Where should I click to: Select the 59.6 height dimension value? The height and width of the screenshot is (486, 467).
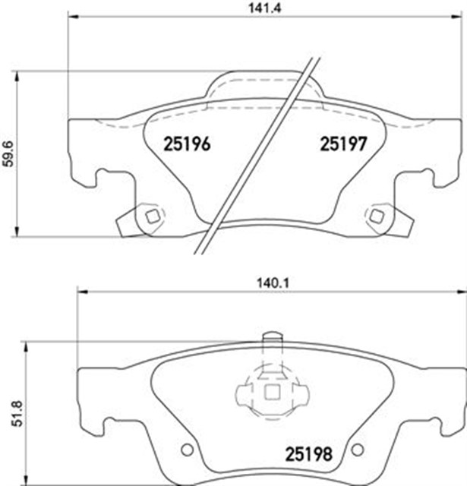(8, 153)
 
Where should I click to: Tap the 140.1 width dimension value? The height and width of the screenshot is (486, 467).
(270, 282)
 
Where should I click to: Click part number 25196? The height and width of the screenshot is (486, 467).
(187, 143)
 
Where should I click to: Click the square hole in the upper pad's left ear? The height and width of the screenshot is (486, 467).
(151, 216)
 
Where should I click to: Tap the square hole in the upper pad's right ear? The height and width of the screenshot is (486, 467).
(376, 216)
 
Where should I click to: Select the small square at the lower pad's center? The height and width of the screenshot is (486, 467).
(270, 393)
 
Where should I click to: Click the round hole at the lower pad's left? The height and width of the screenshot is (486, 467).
(185, 449)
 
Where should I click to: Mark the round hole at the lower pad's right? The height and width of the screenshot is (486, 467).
(355, 449)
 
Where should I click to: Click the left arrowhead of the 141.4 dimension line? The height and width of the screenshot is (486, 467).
(71, 17)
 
